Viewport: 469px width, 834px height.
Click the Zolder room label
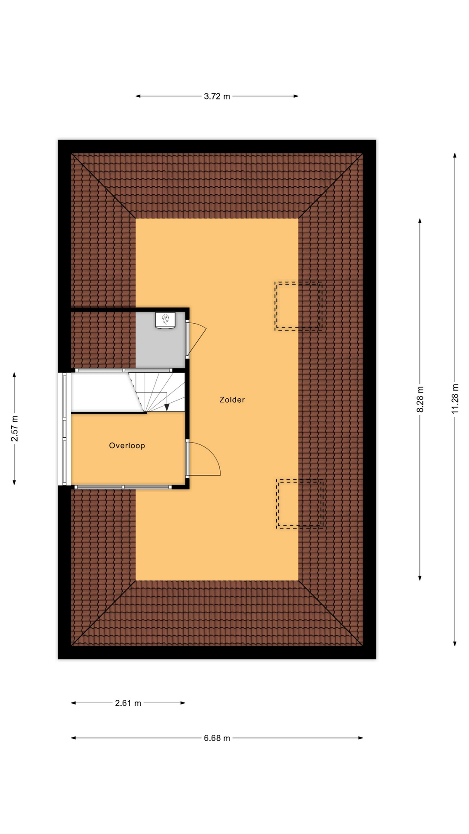pos(232,400)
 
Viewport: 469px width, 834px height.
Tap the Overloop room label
pos(127,445)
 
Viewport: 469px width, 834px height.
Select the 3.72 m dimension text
pos(217,96)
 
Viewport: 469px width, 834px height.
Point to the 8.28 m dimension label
pos(420,399)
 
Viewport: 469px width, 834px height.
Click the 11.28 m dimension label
pos(455,398)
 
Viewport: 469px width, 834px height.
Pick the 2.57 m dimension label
pos(14,428)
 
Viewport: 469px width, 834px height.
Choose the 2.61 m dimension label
pos(128,703)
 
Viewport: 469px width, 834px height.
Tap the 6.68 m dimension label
pos(217,738)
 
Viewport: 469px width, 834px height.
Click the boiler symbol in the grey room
pos(165,321)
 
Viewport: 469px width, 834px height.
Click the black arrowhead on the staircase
pos(167,407)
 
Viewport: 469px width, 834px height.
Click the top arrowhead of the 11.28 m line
pos(455,156)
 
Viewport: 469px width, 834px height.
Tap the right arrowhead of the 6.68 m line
pos(360,738)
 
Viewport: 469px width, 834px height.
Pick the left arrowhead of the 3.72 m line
pos(139,96)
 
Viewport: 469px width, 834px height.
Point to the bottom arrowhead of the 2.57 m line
pos(14,482)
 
